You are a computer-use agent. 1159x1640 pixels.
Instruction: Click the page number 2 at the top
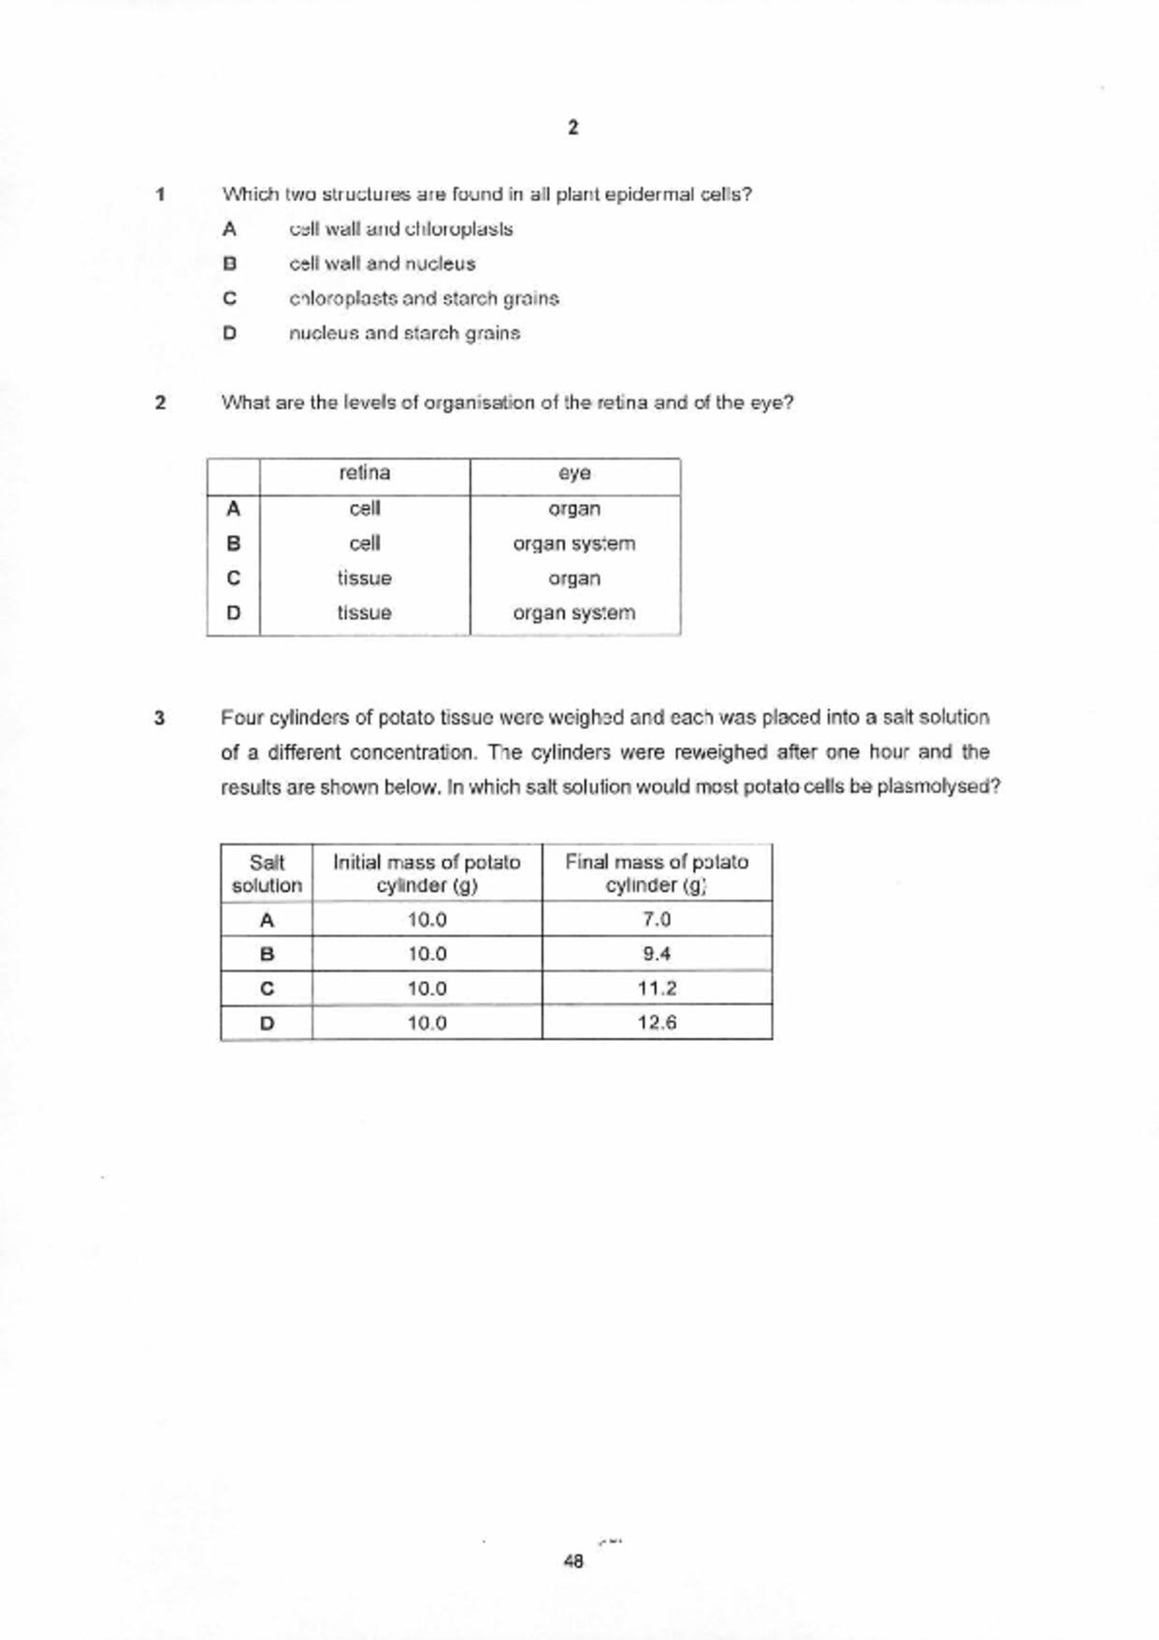pyautogui.click(x=572, y=128)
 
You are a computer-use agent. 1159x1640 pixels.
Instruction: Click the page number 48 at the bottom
pyautogui.click(x=573, y=1561)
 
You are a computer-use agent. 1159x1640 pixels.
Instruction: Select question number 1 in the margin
pyautogui.click(x=161, y=194)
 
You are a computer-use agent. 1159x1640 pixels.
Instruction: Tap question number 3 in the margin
pyautogui.click(x=160, y=718)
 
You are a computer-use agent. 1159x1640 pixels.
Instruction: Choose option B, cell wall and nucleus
pyautogui.click(x=382, y=264)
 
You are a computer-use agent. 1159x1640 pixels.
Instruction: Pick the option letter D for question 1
pyautogui.click(x=229, y=333)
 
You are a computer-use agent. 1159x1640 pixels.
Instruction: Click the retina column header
pyautogui.click(x=364, y=473)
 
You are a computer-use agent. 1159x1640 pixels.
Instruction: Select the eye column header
pyautogui.click(x=574, y=473)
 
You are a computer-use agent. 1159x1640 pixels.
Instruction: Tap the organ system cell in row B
pyautogui.click(x=573, y=543)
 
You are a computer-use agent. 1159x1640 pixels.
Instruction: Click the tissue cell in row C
pyautogui.click(x=364, y=579)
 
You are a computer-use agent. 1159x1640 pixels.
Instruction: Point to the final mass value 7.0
pyautogui.click(x=657, y=919)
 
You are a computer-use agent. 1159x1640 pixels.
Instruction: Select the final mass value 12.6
pyautogui.click(x=657, y=1022)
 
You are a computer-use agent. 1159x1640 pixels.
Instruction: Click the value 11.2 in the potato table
pyautogui.click(x=657, y=988)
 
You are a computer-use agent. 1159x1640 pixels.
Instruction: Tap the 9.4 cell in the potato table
pyautogui.click(x=657, y=954)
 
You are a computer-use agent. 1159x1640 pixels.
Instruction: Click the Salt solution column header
pyautogui.click(x=267, y=873)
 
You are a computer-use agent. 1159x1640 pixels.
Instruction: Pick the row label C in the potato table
pyautogui.click(x=267, y=988)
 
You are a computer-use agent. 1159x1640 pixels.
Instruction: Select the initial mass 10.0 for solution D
pyautogui.click(x=427, y=1022)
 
